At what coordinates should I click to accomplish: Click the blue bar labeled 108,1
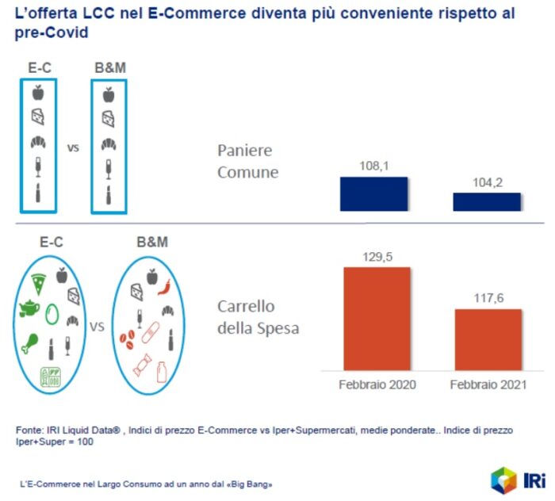tap(373, 193)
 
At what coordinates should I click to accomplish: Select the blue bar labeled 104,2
tap(487, 201)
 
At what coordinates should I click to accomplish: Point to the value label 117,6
tap(488, 299)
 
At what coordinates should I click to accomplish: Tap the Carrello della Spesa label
tap(258, 317)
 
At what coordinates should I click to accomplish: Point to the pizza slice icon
tap(38, 283)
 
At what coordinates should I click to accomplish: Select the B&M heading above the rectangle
tap(109, 68)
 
